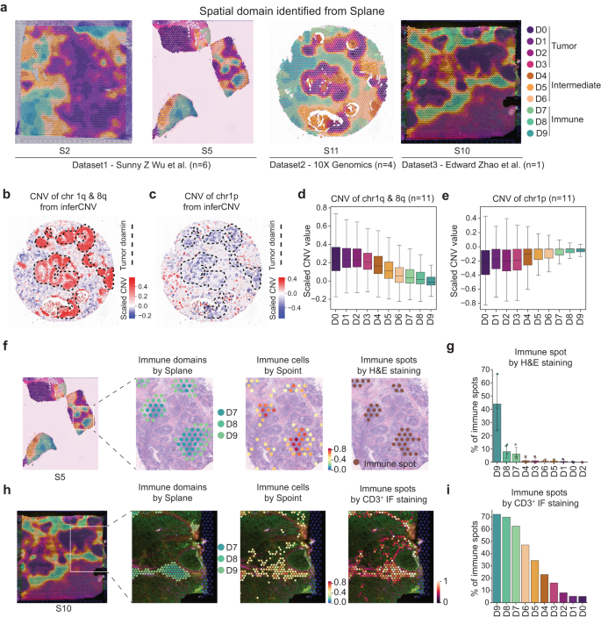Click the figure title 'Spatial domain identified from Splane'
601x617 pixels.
[299, 10]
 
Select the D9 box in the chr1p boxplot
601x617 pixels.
[579, 249]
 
